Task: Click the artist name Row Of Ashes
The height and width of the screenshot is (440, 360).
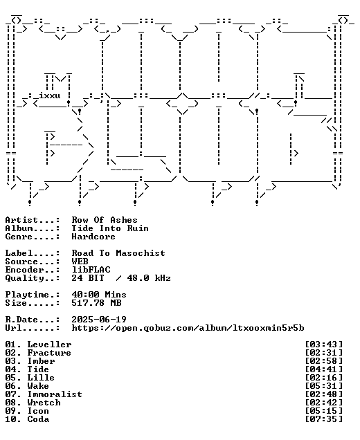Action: point(105,220)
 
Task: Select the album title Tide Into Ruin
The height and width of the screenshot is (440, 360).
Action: point(110,228)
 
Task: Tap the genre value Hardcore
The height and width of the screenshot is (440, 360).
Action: point(93,237)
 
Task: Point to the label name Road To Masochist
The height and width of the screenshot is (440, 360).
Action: point(118,253)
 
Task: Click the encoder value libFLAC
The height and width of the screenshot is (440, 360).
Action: point(91,270)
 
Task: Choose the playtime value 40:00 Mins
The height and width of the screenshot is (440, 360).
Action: point(99,295)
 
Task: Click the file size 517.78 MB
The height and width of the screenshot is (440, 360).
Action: point(96,303)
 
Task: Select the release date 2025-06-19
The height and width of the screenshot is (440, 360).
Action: point(99,320)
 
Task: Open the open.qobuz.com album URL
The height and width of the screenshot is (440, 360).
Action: point(188,328)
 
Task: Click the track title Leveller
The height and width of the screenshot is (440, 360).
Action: point(49,345)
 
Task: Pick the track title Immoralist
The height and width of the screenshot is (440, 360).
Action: point(55,394)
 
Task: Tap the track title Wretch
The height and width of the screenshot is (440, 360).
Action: point(44,403)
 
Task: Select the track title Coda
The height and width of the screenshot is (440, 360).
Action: point(38,419)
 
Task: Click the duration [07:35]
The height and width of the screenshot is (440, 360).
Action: point(324,419)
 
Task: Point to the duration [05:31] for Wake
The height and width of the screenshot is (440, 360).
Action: point(324,386)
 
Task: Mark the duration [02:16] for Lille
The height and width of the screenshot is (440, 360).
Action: point(324,378)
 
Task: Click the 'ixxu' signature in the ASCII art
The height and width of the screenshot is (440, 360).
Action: point(49,95)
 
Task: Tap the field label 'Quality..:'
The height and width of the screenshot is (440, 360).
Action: point(33,278)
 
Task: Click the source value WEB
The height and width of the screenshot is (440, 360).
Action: point(80,262)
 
